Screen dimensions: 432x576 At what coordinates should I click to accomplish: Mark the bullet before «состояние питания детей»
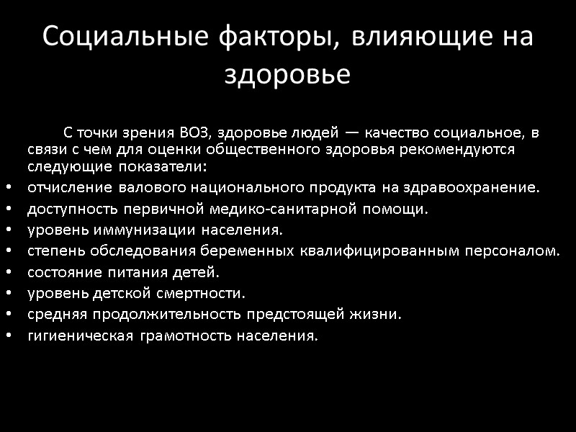coord(8,273)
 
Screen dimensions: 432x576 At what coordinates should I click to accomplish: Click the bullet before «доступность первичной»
coord(8,210)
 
